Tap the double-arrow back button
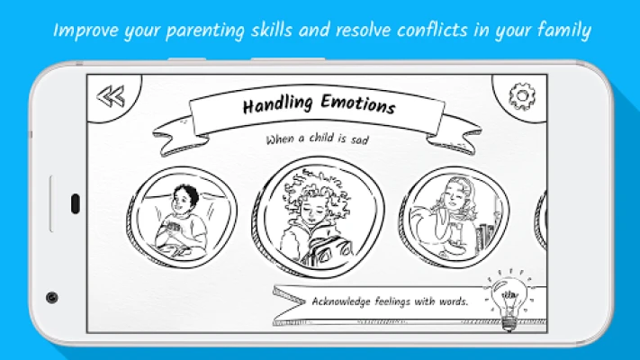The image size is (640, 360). pos(111,96)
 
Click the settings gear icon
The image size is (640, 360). pos(522,96)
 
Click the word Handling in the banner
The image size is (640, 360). pos(277,104)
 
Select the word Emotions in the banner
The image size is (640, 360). pos(358,103)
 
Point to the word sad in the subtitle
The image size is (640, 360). pos(359,139)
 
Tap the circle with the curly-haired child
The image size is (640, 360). pos(318,217)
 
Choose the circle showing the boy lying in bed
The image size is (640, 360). pos(182,218)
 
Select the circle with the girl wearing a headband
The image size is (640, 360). pos(454,218)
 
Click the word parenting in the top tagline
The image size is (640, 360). pos(205,31)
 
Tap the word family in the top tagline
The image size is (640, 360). pos(564,31)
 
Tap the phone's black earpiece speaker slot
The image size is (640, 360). pos(75,203)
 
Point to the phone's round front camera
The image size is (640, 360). pos(52,298)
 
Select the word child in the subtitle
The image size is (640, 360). pos(321,138)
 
